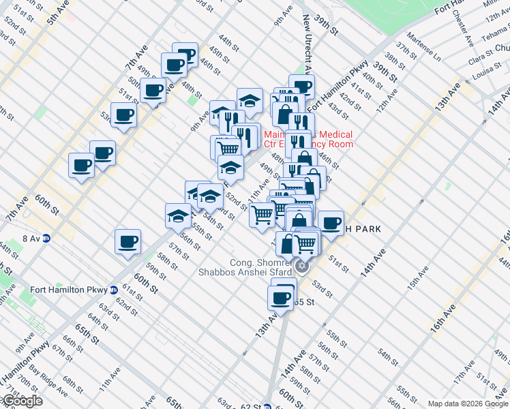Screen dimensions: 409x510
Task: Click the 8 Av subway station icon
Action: pyautogui.click(x=46, y=239)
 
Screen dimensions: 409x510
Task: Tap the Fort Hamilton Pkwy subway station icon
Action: pyautogui.click(x=112, y=290)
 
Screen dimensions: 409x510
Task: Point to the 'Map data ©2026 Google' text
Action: pyautogui.click(x=467, y=404)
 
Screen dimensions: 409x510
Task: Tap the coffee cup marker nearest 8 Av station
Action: pyautogui.click(x=128, y=241)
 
